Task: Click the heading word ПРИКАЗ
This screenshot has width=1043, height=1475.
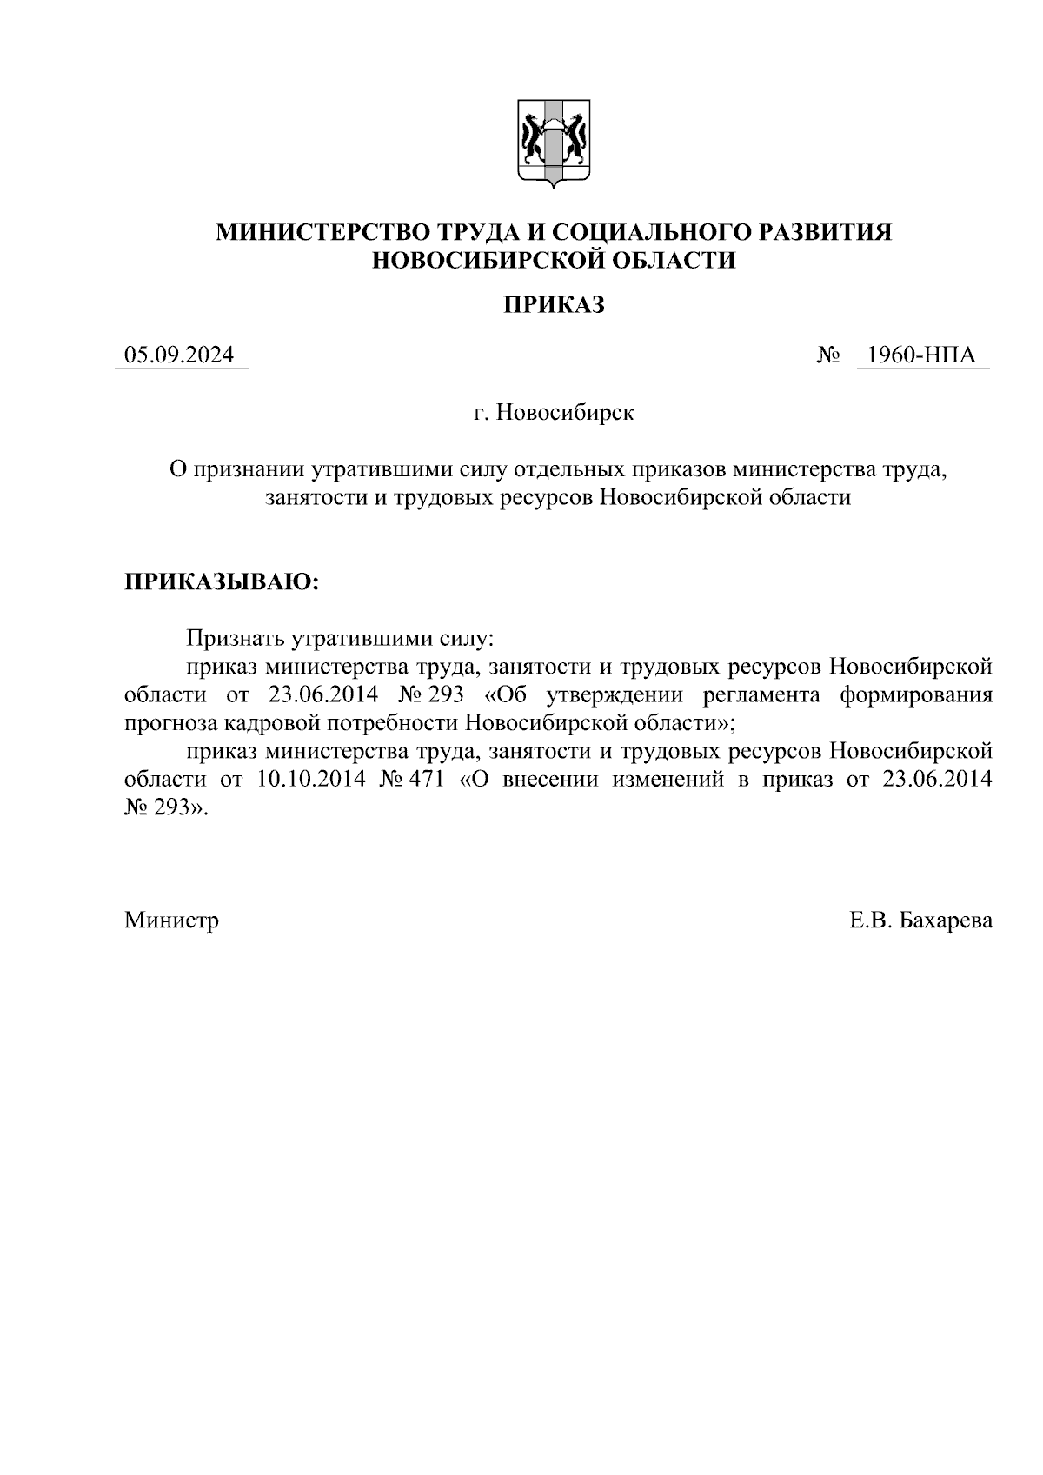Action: coord(554,305)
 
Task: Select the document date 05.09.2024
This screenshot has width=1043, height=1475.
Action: coord(179,355)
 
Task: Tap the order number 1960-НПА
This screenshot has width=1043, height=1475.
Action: coord(922,355)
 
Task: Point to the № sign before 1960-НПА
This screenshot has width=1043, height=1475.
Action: coord(828,355)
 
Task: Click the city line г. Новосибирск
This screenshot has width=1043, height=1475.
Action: coord(554,412)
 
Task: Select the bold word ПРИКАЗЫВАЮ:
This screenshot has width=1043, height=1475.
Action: coord(222,581)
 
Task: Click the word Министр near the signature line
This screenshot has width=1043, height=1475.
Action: coord(171,920)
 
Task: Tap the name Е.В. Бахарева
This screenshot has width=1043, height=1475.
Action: coord(921,920)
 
